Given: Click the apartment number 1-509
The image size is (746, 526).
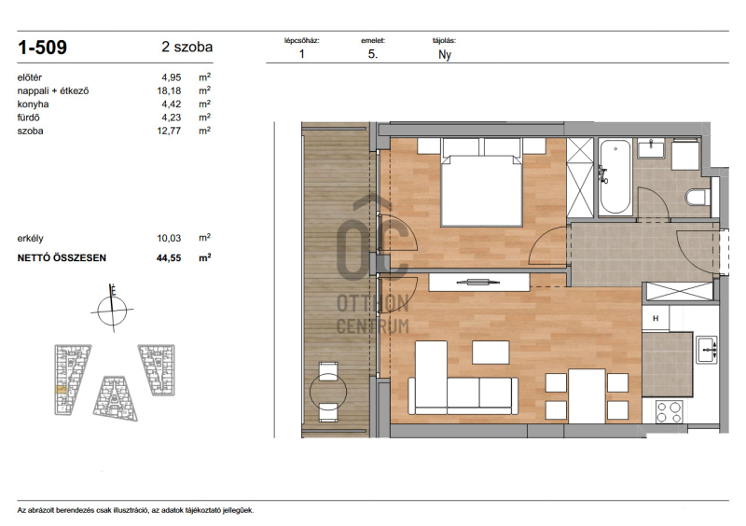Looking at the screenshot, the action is [42, 48].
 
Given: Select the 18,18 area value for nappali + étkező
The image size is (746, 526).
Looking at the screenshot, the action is [169, 90].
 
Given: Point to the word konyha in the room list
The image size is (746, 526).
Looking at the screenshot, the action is [33, 104].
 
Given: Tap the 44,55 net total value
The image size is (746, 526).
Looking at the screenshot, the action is [169, 258].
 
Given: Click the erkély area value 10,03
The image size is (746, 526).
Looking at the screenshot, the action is [169, 238].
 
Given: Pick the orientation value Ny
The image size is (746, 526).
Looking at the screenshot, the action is [445, 55].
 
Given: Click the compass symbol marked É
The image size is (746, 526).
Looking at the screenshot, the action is [112, 309].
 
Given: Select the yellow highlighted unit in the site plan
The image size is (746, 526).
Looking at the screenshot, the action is [61, 389].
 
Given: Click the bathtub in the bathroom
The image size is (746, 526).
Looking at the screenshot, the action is [615, 176].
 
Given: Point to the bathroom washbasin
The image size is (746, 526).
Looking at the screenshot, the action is [651, 148].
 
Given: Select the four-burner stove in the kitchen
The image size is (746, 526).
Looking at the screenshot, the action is [669, 412].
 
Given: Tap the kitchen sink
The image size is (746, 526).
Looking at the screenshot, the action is [707, 350].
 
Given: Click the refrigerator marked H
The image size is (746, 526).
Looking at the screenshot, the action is [656, 318].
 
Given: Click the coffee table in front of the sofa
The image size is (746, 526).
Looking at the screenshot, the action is [490, 353].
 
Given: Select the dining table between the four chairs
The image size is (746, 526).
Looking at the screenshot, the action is [587, 396].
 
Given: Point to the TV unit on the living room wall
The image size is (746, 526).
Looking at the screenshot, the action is [479, 282].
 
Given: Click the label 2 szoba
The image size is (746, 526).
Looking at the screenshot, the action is [187, 48].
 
